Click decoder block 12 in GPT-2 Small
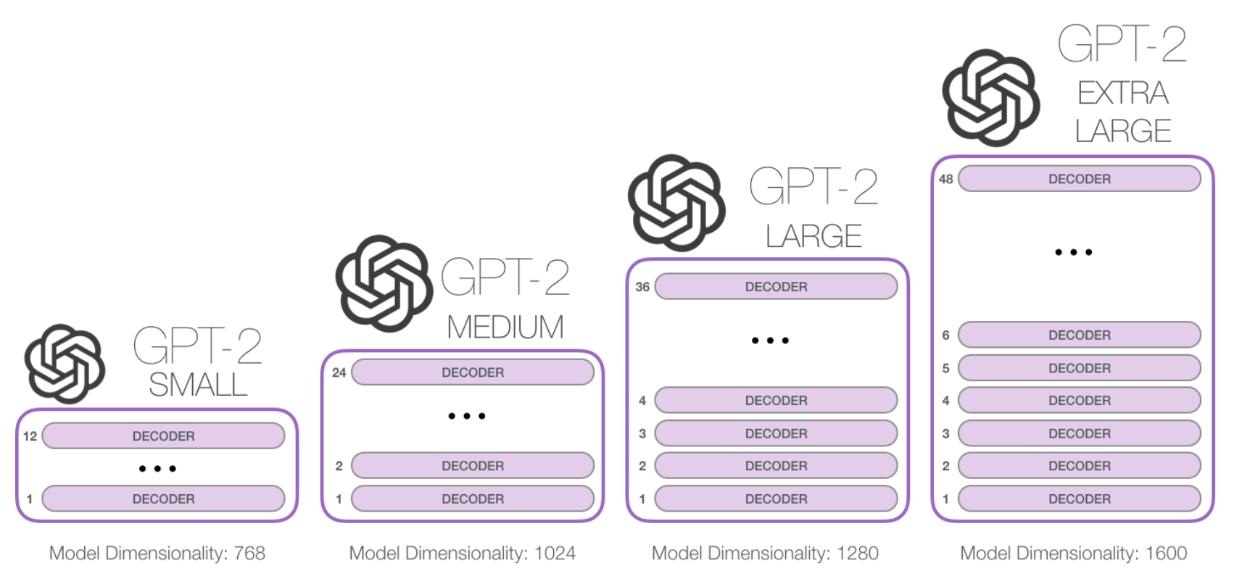point(163,436)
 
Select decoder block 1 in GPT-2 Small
point(163,499)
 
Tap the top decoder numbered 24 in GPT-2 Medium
point(473,372)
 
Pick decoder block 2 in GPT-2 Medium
point(473,466)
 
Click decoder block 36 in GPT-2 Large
point(776,287)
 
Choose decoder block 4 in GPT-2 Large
point(776,401)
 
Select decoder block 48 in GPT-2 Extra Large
point(1079,179)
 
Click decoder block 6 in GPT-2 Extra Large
point(1079,335)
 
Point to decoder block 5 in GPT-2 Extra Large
point(1079,368)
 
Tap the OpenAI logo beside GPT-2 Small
point(65,364)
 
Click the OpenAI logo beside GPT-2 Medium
point(384,283)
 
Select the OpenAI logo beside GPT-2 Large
point(676,203)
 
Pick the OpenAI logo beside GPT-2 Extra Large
point(990,98)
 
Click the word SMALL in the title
point(198,385)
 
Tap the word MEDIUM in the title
point(505,328)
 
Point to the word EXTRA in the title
point(1123,93)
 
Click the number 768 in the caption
point(249,554)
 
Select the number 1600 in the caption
point(1166,554)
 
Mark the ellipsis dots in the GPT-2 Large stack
point(770,341)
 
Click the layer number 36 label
point(642,287)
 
